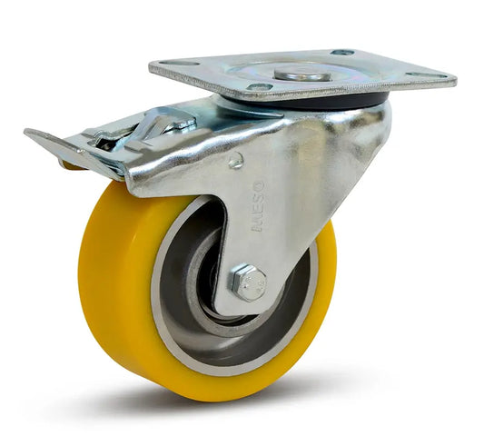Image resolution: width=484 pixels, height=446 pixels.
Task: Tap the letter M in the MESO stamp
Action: [259, 223]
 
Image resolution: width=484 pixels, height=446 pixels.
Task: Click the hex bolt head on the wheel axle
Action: [248, 283]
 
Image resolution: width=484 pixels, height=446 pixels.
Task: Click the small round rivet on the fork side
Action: [236, 161]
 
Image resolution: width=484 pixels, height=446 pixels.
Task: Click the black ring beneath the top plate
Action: [363, 100]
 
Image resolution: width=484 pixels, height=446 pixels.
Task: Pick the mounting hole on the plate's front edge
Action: [262, 88]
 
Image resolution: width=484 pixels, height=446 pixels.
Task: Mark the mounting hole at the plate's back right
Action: [342, 53]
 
